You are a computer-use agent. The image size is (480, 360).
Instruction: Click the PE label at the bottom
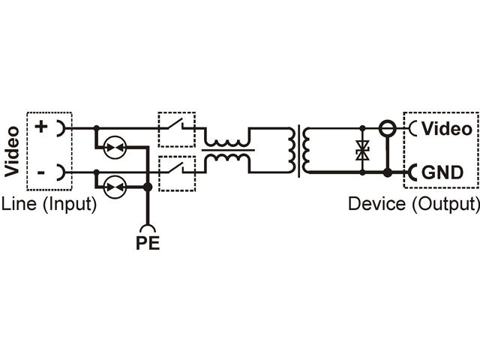coord(148,243)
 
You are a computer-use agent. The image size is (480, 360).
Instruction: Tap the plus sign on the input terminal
coord(41,127)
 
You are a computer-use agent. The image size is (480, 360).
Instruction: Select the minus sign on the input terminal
coord(40,173)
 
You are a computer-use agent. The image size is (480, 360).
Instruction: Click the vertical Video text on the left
coord(12,151)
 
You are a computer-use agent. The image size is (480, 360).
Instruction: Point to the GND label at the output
coord(442,172)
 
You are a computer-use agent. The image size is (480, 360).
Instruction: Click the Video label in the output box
coord(447,128)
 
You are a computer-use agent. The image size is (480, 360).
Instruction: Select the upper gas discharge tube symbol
coord(115,147)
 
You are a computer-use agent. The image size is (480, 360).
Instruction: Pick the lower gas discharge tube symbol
coord(115,187)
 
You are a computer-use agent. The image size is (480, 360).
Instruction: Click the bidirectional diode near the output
coord(362,150)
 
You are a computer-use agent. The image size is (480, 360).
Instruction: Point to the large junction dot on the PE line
coord(148,187)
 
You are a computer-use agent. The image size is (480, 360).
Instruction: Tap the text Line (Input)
coord(49,204)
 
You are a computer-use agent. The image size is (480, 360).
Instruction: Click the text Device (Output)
coord(414,204)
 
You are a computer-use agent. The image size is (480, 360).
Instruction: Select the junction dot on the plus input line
coord(97,127)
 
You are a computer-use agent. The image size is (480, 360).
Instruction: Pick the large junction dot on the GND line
coord(388,173)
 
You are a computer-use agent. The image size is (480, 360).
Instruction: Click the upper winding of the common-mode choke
coord(226,142)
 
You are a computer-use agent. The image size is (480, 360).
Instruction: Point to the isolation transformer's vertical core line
coord(299,151)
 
